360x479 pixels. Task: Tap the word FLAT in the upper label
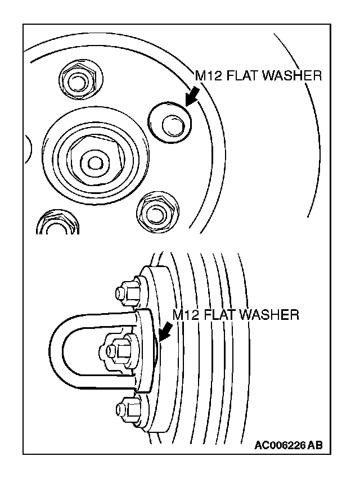(243, 76)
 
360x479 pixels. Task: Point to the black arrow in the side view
(165, 332)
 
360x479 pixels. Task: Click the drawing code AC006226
(280, 446)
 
